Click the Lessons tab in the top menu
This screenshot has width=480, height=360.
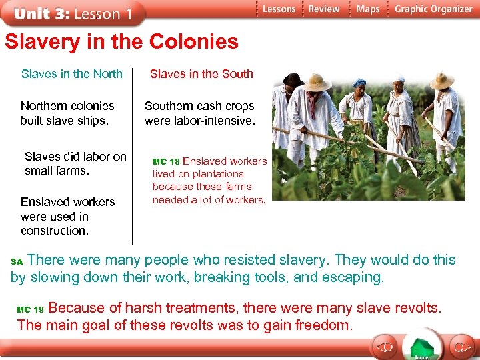[278, 9]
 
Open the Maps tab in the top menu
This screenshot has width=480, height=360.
[368, 9]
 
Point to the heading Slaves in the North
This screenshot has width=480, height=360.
[72, 74]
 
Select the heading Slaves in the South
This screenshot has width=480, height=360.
[201, 74]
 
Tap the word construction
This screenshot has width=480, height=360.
[55, 231]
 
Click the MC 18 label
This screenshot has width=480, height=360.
[167, 162]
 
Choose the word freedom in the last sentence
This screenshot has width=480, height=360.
[326, 325]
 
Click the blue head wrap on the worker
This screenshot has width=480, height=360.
[359, 83]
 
